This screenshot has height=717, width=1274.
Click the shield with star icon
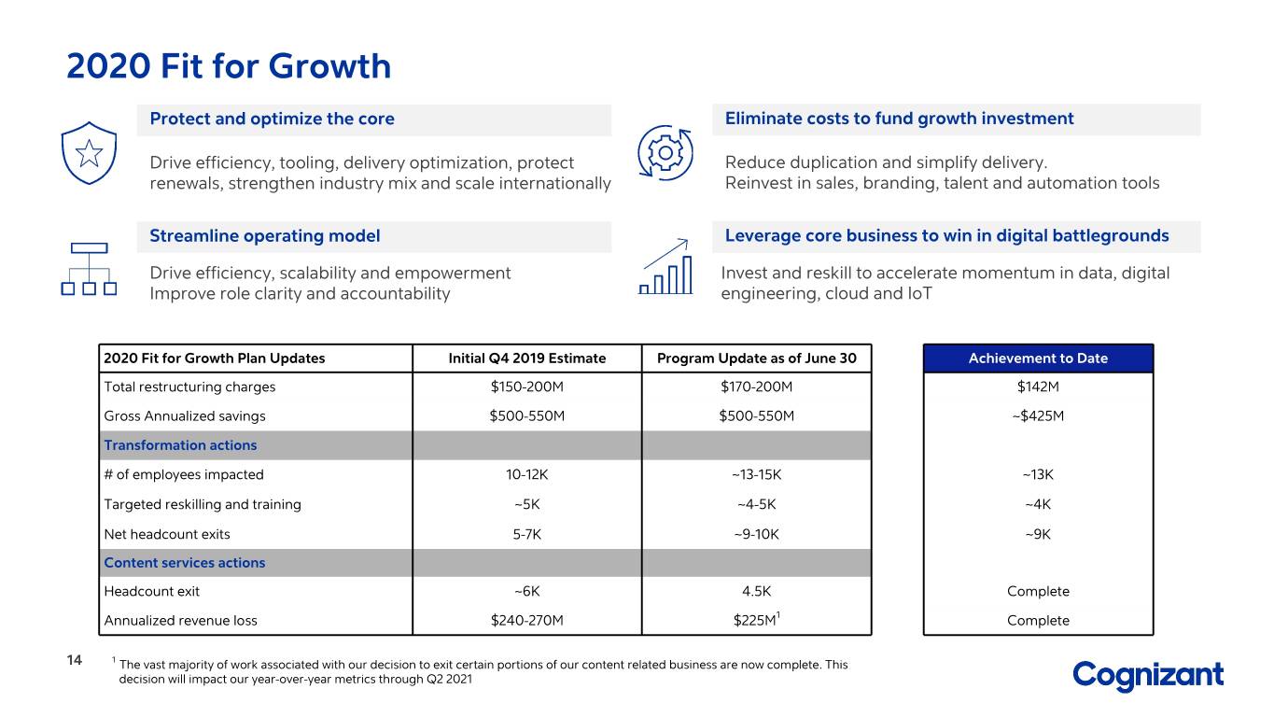click(x=89, y=152)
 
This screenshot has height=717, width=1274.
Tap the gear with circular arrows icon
click(x=665, y=152)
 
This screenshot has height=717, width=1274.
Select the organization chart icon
click(x=89, y=269)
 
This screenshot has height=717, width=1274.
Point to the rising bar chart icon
click(x=665, y=266)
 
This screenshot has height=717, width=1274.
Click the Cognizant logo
click(x=1148, y=676)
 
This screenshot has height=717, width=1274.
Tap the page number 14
click(x=75, y=660)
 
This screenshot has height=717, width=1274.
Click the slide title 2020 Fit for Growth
click(x=229, y=66)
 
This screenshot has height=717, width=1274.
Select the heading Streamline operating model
click(x=264, y=235)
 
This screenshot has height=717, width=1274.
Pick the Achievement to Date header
click(x=1038, y=358)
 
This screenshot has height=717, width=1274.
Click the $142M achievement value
click(x=1038, y=387)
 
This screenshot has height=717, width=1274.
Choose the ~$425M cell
click(x=1038, y=416)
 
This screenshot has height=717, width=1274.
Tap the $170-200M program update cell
click(x=756, y=387)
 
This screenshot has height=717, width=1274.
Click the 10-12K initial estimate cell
click(x=526, y=474)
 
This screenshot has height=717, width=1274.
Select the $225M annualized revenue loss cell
click(x=756, y=619)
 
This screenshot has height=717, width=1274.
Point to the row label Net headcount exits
click(x=167, y=534)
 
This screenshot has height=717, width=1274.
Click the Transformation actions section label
click(x=180, y=445)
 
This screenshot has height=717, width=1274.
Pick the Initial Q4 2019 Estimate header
click(x=526, y=358)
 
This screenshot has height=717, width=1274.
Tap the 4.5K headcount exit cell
click(x=756, y=591)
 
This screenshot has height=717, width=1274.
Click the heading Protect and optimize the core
click(x=272, y=119)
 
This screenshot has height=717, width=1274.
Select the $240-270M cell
click(x=526, y=620)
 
